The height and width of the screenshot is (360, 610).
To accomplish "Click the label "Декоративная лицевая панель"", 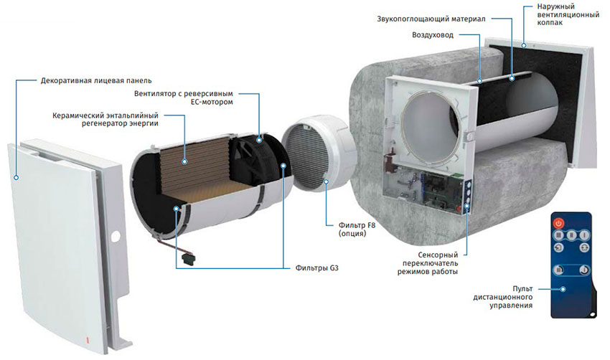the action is [96, 80].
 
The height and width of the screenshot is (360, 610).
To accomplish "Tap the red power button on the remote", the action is [558, 223].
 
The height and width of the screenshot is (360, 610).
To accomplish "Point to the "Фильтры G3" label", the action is [316, 268].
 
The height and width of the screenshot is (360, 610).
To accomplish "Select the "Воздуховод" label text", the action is [433, 35].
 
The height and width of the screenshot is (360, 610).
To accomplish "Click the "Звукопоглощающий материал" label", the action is [431, 19].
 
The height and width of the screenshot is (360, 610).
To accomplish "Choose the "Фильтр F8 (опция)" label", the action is [357, 229].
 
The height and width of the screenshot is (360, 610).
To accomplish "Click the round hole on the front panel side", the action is [116, 237].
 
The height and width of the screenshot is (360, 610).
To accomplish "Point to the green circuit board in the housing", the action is [442, 191].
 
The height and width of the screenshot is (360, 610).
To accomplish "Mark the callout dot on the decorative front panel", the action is [16, 178].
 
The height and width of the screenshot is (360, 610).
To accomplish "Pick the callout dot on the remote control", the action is [563, 289].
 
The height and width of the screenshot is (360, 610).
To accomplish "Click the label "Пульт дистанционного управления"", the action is [503, 297].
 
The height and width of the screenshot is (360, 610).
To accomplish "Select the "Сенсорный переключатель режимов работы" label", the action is [428, 263].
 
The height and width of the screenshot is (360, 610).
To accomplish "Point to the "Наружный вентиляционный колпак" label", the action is [568, 14].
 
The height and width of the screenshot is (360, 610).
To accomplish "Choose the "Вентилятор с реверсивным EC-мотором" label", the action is [184, 98].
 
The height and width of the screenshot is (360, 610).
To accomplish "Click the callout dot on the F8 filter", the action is [326, 181].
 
